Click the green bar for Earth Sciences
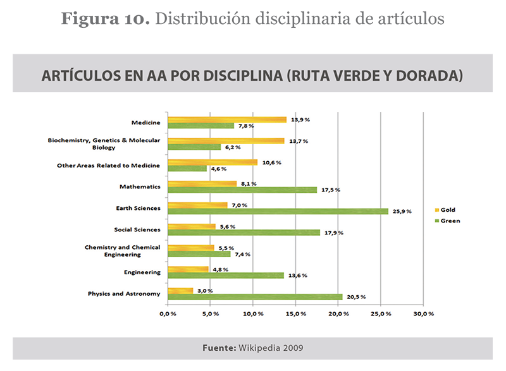278,211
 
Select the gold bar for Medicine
227,119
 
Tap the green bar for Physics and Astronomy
256,296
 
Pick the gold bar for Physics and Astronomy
181,291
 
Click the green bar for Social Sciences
244,233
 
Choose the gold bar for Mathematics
202,184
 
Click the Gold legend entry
445,210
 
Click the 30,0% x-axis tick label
423,313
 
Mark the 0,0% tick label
168,313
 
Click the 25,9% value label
401,211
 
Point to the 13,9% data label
300,119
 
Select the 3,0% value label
206,291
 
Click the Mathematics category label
140,187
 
